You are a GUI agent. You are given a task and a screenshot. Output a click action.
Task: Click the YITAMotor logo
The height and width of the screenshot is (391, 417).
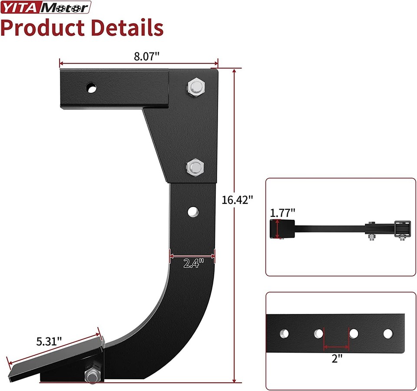coord(46,7)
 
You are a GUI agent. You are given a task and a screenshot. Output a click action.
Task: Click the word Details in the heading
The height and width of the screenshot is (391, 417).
coord(126,27)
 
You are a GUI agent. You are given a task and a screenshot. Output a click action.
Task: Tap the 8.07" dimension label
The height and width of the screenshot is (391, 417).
coord(147,56)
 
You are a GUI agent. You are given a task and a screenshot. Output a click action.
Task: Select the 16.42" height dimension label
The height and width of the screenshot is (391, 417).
coord(237,200)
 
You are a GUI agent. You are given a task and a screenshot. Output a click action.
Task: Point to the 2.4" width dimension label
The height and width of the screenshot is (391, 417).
coord(193,263)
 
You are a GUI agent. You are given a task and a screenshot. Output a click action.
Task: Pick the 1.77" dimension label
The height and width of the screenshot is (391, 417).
coord(282,212)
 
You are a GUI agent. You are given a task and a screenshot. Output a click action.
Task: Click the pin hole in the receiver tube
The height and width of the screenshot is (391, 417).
coord(92,88)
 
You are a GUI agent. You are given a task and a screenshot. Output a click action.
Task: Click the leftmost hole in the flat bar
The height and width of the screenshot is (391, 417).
coord(284,334)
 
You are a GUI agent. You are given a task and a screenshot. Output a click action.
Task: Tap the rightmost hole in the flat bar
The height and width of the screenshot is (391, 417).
coord(387,334)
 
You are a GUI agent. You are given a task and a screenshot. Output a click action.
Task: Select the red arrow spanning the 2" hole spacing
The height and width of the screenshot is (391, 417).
coord(337,347)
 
